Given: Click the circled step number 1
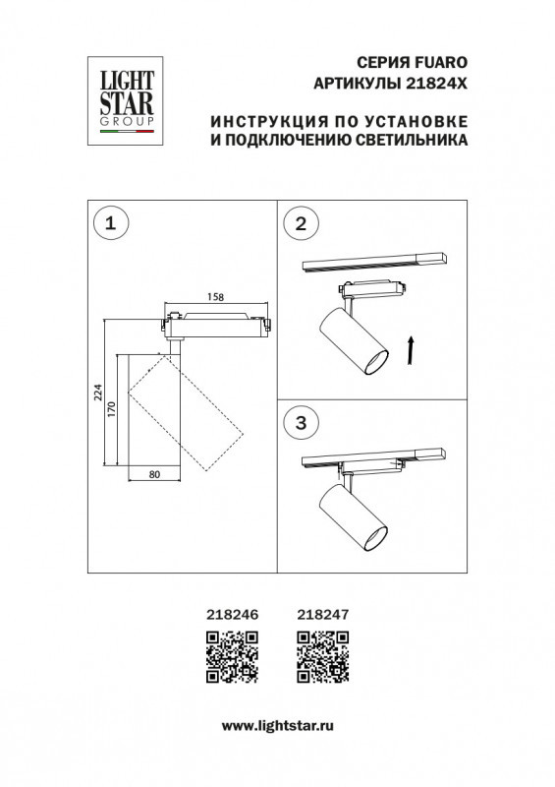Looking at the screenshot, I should tap(110, 224).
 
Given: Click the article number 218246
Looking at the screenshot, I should tap(232, 612).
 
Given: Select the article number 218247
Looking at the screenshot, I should tap(322, 612).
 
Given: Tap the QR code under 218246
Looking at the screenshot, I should tap(232, 657).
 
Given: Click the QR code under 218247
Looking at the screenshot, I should tap(322, 657).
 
